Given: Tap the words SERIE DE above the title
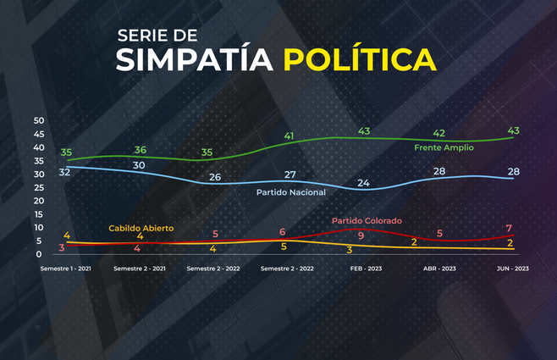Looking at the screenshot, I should pos(157,36).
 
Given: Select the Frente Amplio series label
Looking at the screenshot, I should pos(443,147).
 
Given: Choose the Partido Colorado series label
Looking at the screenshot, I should pos(366,221).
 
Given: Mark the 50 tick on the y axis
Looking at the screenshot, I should pos(38,120).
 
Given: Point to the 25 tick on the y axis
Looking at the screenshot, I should pos(38,187).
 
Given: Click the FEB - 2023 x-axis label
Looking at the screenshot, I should pos(366,268).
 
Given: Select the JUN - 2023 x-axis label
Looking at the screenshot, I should pos(511,268).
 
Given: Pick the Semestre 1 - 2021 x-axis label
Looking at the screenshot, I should pos(67,268).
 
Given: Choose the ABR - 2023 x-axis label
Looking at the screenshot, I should pos(438,268).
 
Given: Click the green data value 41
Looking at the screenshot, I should pos(290,136).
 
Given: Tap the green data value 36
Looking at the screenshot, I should pos(141,150).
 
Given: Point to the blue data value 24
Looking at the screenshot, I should pos(363,182).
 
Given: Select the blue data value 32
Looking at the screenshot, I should pos(63,172).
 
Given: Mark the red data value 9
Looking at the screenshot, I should pos(361,235).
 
